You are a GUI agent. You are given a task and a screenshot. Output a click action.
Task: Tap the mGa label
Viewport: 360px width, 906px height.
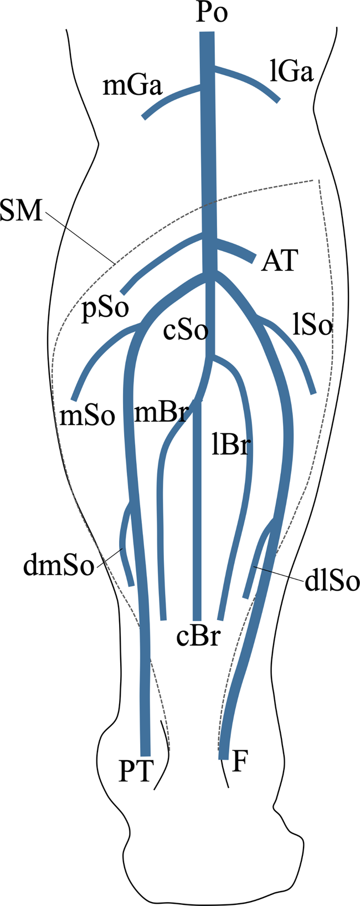click(x=133, y=86)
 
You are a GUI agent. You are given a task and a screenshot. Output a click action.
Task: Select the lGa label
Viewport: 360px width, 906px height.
click(x=292, y=73)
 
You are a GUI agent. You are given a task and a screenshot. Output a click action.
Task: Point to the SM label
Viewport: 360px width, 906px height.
click(x=21, y=212)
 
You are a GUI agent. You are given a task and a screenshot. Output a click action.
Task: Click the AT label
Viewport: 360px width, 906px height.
click(x=280, y=260)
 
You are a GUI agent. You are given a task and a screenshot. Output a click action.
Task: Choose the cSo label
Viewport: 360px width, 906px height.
click(x=186, y=331)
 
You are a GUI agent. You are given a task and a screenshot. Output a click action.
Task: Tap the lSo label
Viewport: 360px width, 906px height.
click(x=312, y=326)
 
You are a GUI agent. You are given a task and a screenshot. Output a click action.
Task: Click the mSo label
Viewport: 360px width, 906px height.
click(x=87, y=416)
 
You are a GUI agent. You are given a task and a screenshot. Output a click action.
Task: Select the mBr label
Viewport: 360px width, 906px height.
click(x=160, y=413)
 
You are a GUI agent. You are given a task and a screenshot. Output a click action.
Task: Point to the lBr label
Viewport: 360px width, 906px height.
click(x=228, y=444)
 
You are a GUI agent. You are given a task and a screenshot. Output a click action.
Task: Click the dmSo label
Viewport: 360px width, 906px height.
click(x=58, y=567)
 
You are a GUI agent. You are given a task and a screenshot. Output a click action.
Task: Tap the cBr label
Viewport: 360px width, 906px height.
click(x=198, y=637)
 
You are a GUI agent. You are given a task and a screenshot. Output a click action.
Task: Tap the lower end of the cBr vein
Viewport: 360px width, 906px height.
click(x=197, y=616)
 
